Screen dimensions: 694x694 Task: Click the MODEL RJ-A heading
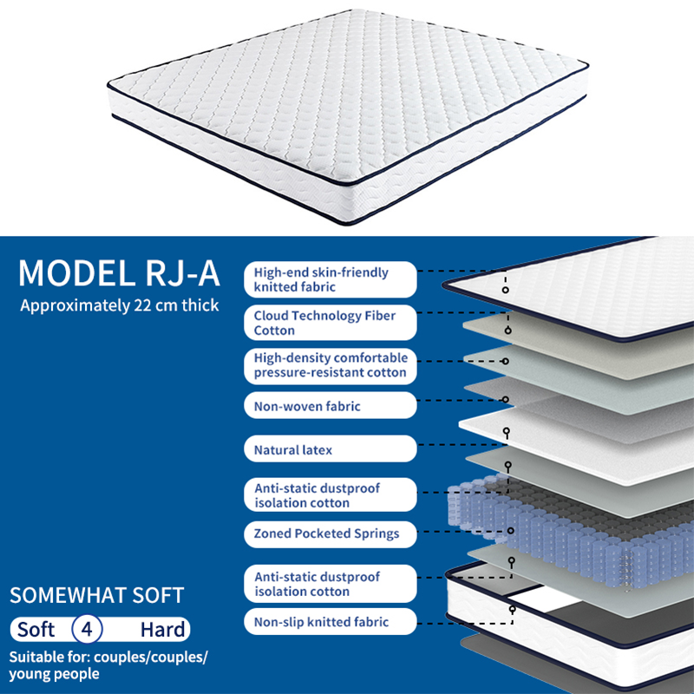[119, 272]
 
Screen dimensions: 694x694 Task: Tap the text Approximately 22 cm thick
[120, 305]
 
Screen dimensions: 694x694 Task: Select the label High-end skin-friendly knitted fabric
[331, 279]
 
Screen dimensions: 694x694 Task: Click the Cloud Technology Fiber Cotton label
[331, 323]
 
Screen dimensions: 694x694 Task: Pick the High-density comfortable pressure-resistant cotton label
[331, 365]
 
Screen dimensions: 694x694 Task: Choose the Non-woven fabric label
[331, 405]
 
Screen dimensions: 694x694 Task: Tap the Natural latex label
[331, 448]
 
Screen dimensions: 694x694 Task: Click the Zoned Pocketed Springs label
[331, 534]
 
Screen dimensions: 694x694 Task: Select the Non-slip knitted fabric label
[331, 621]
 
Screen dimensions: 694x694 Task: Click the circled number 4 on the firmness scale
[88, 629]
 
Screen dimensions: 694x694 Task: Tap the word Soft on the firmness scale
[36, 630]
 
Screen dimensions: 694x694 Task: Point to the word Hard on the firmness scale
[162, 630]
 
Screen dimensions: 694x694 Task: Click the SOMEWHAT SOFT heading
[97, 595]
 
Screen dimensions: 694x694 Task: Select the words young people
[54, 674]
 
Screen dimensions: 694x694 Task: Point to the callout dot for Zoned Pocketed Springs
[511, 531]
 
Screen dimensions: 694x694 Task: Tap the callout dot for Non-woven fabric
[506, 400]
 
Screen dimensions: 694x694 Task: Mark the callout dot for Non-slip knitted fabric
[513, 610]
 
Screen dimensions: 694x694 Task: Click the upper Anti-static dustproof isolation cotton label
[331, 494]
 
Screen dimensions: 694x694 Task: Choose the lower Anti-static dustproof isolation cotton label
[331, 584]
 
